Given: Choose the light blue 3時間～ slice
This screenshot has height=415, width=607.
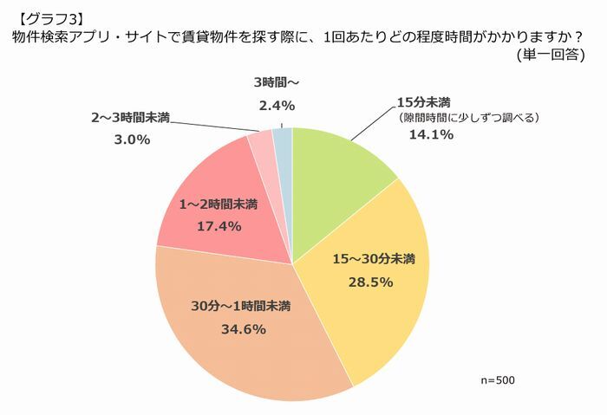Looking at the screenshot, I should pos(283,139).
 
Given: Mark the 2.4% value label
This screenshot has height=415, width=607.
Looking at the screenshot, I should pos(277,105).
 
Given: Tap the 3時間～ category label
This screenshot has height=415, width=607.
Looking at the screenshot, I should pos(277,83).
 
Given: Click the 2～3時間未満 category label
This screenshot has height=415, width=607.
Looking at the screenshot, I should pos(130,117).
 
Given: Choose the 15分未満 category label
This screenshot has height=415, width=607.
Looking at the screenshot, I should pos(423,101).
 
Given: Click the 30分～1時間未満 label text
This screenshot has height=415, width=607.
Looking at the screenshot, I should pos(240,307).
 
